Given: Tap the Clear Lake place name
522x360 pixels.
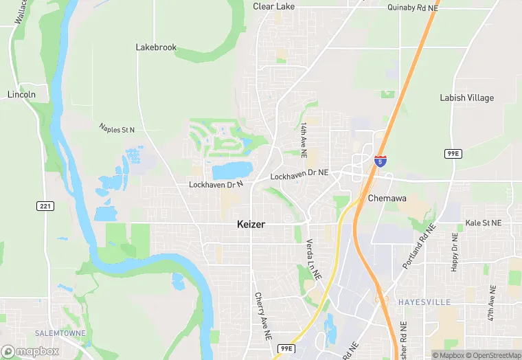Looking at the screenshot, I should click(273, 6).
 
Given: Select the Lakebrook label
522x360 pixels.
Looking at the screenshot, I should click(156, 47).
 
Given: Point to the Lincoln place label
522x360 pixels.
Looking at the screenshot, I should click(21, 94).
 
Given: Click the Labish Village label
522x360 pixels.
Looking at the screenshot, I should click(466, 98).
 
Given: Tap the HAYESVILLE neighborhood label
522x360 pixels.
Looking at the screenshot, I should click(422, 301).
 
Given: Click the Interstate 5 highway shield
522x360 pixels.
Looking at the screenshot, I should click(380, 161).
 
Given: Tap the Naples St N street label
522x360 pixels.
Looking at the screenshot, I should click(117, 128).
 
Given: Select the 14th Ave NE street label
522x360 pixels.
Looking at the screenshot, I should click(303, 137).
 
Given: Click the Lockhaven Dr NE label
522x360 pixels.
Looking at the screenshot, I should click(299, 176).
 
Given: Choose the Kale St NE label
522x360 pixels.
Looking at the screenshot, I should click(484, 223).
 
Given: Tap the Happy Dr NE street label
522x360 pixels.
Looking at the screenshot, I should click(454, 253).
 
